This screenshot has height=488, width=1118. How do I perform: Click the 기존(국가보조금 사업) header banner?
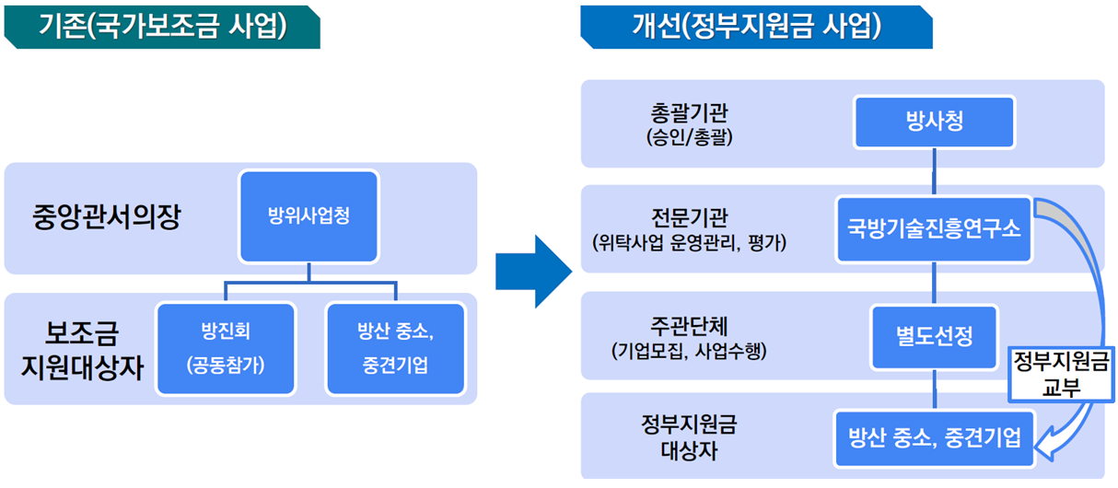(x=161, y=27)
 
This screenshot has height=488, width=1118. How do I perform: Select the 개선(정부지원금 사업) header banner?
(x=755, y=27)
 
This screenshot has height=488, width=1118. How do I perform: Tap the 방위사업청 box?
(x=309, y=217)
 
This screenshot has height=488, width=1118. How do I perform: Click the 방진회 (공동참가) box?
(x=226, y=348)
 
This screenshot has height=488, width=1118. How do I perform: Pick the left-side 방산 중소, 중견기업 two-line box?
(x=396, y=348)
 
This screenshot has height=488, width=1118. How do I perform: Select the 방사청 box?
(x=935, y=122)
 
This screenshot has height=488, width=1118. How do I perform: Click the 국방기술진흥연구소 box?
(x=935, y=229)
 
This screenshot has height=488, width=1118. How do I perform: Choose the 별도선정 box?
(x=935, y=336)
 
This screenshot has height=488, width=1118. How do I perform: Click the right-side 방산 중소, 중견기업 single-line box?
(x=935, y=437)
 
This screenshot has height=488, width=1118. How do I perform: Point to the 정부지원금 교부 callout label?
(x=1060, y=372)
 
